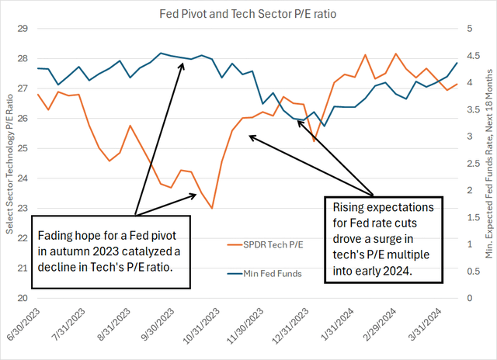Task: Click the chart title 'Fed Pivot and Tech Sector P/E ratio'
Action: pyautogui.click(x=248, y=13)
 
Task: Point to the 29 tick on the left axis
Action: pyautogui.click(x=22, y=29)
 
